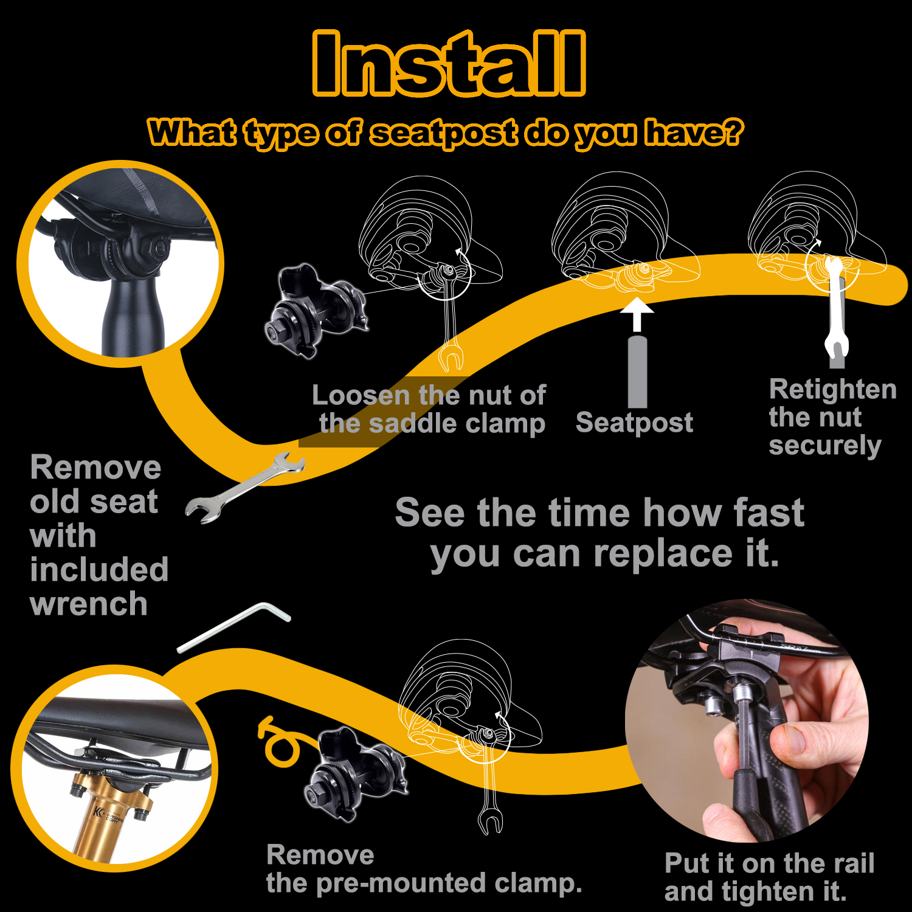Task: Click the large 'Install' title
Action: pos(449,63)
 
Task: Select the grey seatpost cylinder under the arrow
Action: pos(637,371)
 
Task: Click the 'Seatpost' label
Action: pos(634,423)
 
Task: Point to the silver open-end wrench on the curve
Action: pos(244,488)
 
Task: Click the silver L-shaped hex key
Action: pos(233,627)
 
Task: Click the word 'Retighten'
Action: pos(833,390)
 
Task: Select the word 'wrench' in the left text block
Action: pos(89,604)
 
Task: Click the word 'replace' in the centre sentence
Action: pos(663,554)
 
